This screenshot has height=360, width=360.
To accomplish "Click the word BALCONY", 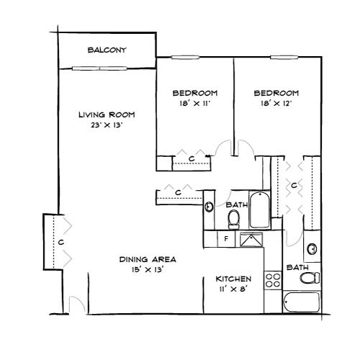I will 107,50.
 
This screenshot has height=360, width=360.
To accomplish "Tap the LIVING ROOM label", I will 107,114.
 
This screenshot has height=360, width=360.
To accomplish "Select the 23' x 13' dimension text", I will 107,125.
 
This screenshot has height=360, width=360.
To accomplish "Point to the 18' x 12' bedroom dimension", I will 276,104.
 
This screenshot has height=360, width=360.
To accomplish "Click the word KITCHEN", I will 233,279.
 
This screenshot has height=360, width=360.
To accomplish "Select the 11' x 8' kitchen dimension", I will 233,289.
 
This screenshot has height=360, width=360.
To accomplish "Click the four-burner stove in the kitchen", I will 273,280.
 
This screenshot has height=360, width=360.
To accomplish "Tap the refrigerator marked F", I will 225,238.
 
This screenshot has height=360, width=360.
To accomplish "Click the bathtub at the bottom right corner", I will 300,303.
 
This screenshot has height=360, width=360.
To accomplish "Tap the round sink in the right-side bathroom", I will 311,249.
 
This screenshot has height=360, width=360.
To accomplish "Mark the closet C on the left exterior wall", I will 61,243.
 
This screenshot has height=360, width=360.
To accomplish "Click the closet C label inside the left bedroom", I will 192,158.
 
